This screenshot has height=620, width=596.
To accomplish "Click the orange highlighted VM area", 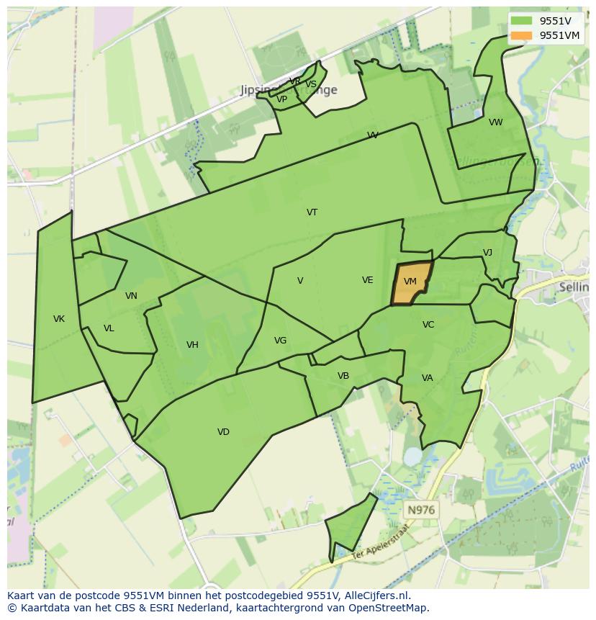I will [412, 282].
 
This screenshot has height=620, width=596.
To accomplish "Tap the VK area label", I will [59, 319].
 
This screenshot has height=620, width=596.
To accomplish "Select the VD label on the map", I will [223, 432].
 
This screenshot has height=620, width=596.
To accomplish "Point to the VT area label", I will [312, 212].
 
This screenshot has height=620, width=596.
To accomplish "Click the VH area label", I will [192, 345].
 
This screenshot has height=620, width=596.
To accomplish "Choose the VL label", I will [109, 328].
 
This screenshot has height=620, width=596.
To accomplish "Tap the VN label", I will [131, 296].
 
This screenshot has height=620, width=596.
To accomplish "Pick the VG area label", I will [280, 341].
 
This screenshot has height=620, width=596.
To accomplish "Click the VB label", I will [343, 376].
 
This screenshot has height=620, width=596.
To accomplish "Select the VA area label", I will [428, 378].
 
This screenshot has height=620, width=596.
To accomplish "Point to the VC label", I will [428, 325].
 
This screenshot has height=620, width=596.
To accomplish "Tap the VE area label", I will [368, 280].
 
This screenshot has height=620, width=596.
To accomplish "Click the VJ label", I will [487, 253].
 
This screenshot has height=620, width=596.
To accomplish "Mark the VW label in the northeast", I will [496, 122].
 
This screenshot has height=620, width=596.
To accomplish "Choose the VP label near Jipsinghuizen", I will [282, 100].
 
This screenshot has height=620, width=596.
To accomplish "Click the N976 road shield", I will [420, 510].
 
